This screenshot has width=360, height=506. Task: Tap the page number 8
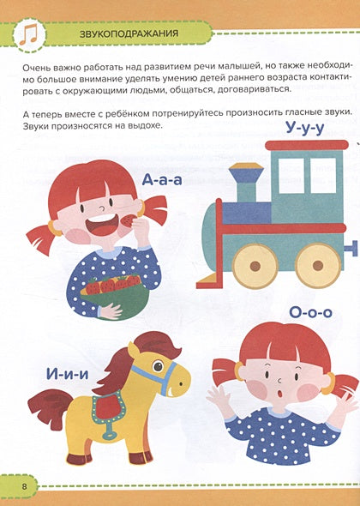[x=26, y=487]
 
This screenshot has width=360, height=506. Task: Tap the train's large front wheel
[x=256, y=265]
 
